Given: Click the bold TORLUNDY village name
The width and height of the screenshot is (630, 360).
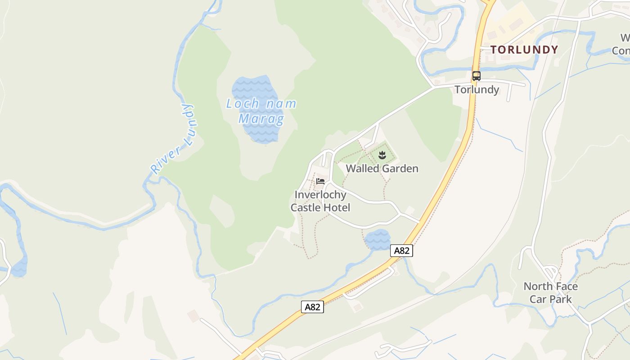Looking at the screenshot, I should pos(524,49).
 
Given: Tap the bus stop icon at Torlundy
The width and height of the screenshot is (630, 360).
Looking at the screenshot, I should pos(477,76).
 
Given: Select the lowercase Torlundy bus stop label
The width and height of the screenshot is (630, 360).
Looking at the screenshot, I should pos(477,90).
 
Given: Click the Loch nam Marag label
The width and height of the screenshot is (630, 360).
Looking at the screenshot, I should pos(261,111).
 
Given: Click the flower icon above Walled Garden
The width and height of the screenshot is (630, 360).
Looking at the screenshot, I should pos(382,156).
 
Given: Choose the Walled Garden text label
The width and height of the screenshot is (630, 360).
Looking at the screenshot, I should pos(382,169).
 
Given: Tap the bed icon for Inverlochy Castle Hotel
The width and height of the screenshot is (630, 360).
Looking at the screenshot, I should pos(320,181).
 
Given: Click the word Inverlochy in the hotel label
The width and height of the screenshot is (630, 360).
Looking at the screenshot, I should pos(320,195).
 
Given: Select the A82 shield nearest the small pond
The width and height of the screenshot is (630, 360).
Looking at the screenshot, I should pos(401,251).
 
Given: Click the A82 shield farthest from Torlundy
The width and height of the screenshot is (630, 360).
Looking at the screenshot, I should pos(312,307).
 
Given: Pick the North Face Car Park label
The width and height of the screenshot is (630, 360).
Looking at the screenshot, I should pos(551,292).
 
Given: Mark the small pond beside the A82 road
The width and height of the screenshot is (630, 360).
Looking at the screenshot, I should pos(378,240).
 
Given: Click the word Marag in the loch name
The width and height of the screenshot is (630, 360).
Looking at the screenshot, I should pos(261,119).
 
